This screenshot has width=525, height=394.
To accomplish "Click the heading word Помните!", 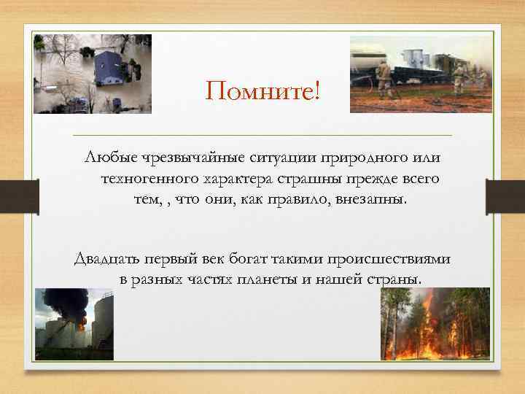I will pyautogui.click(x=262, y=92).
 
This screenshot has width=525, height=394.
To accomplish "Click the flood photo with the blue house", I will pyautogui.click(x=93, y=74).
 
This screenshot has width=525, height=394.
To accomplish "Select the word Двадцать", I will pyautogui.click(x=106, y=259).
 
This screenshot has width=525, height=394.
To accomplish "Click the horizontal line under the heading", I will pyautogui.click(x=262, y=136).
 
